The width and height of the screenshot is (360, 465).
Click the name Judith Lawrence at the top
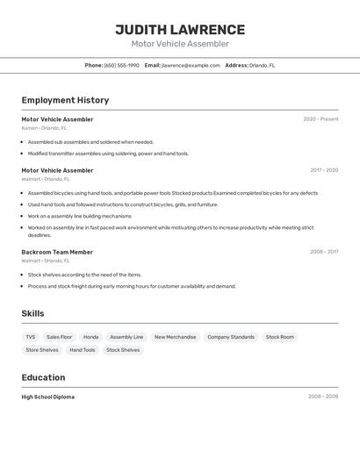[x=179, y=30]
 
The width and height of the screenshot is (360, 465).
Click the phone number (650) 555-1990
[x=121, y=65]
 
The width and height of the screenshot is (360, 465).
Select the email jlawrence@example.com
[x=191, y=65]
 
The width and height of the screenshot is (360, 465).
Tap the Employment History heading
[x=65, y=100]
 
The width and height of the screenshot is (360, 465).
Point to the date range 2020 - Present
[x=320, y=119]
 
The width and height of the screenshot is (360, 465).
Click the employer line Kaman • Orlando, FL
[x=46, y=128]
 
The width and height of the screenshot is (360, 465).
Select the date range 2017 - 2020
[x=324, y=170]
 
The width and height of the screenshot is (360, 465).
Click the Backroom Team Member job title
[x=57, y=252]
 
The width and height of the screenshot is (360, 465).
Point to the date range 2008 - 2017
[x=324, y=252]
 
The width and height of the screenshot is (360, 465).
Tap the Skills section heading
[x=32, y=313]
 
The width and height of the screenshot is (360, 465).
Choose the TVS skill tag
[x=31, y=337]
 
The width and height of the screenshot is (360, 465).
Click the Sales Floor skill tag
[x=60, y=337]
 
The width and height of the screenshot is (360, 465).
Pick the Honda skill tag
[x=90, y=337]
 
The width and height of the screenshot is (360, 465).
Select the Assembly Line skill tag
[x=126, y=337]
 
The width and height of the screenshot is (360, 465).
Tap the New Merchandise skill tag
[x=175, y=337]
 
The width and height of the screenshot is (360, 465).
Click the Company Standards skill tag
[x=231, y=337]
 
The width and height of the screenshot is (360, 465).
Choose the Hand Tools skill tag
[x=83, y=350]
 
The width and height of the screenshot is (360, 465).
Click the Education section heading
[x=43, y=377]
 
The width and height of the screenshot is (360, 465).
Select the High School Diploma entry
[x=48, y=397]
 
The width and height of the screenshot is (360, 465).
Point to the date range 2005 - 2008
[x=323, y=397]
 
